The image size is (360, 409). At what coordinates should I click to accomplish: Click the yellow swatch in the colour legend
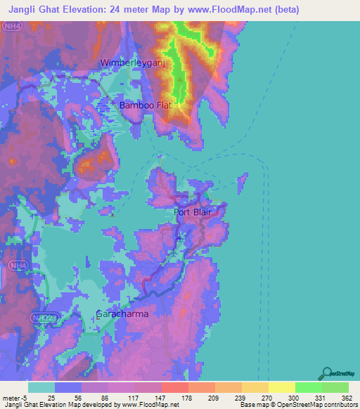click(x=281, y=388)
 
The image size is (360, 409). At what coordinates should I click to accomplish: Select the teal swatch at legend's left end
click(x=41, y=388)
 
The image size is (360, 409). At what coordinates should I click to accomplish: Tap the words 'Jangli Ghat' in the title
click(x=27, y=10)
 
